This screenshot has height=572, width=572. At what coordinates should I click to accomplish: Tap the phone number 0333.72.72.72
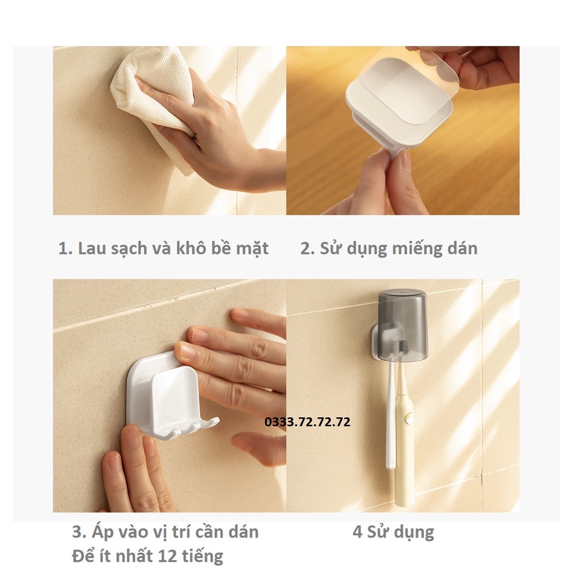tap(308, 422)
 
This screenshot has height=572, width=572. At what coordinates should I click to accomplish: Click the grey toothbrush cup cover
tap(402, 324)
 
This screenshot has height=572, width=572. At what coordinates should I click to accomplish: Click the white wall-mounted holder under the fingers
tap(162, 397)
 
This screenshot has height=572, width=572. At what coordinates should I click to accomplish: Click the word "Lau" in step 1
tap(89, 249)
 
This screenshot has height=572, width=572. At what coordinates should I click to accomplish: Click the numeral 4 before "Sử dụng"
tap(357, 532)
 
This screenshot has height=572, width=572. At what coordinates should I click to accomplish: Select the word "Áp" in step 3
tap(99, 532)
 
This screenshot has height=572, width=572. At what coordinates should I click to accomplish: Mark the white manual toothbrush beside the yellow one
tap(391, 425)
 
